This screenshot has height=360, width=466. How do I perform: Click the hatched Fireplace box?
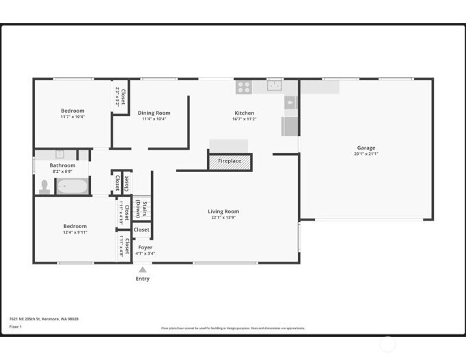230,161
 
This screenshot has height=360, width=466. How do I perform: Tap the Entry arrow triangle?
142,270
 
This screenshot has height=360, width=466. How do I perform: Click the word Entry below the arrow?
142,279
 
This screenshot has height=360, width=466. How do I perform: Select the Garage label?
366,148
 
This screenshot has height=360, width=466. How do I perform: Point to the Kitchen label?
244,113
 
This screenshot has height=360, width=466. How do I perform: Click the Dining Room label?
154,113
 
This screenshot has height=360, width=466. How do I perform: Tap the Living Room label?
223,211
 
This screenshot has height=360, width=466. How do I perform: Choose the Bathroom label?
62,165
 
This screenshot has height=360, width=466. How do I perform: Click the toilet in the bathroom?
45,186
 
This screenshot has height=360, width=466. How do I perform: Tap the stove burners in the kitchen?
244,87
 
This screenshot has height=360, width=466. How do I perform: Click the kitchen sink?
275,86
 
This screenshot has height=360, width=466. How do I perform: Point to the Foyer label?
145,247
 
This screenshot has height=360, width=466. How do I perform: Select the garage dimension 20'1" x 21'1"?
366,154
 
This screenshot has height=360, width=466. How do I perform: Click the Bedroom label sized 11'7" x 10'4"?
72,111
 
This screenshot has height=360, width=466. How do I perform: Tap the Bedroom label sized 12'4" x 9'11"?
74,226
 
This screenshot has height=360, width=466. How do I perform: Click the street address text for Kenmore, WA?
44,318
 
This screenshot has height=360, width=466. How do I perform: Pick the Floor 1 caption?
16,327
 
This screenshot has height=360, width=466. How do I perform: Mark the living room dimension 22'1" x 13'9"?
223,217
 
